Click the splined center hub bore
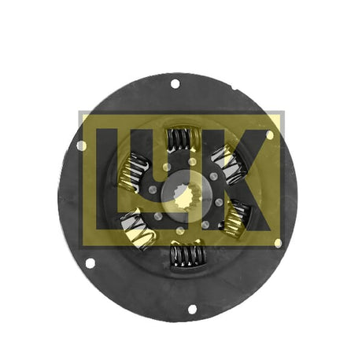(x=187, y=196)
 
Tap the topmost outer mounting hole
(x=175, y=84)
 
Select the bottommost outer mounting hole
(x=192, y=309)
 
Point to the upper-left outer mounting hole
(x=82, y=145)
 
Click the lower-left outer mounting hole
(x=90, y=263)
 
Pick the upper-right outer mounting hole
(x=270, y=134)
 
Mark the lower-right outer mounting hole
(x=278, y=243)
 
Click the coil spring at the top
(x=184, y=139)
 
